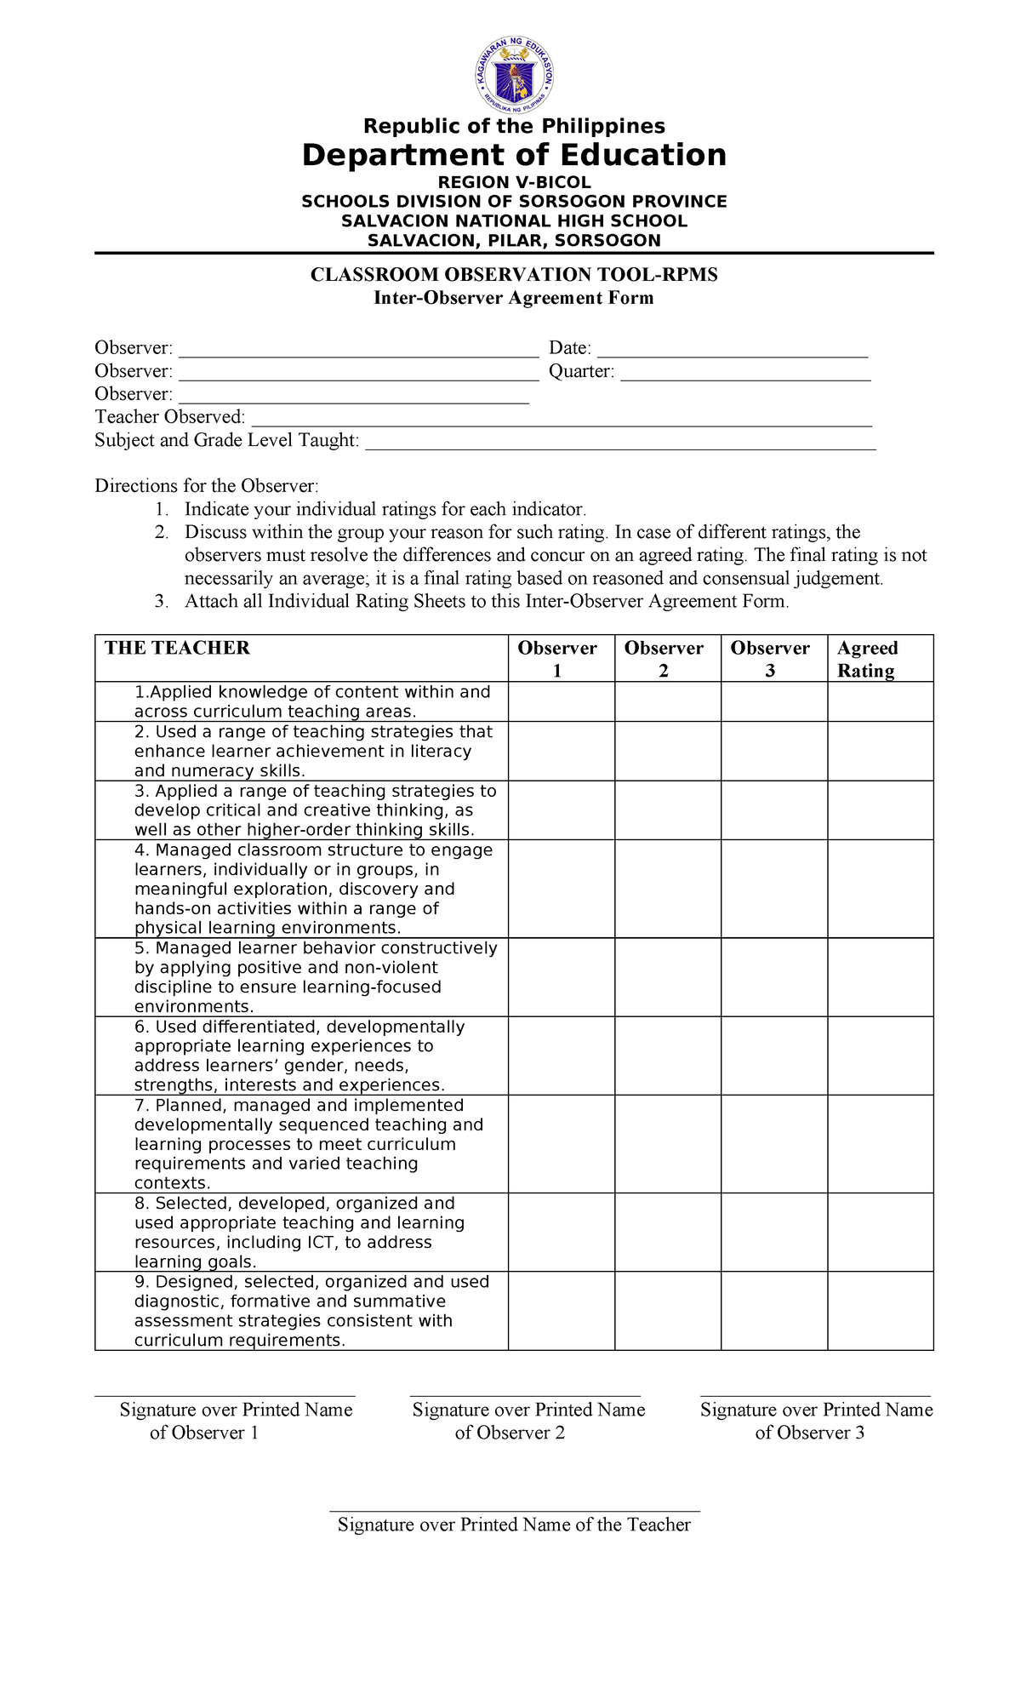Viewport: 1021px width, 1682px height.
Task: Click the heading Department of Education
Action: (x=514, y=156)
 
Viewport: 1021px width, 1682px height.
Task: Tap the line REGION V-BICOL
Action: (x=514, y=182)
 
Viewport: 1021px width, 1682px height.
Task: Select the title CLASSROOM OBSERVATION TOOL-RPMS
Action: (x=514, y=275)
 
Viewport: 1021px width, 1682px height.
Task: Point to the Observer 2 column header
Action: (x=664, y=658)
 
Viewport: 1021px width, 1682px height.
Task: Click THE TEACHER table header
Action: (x=177, y=648)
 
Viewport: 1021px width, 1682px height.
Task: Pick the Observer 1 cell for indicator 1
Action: (x=562, y=701)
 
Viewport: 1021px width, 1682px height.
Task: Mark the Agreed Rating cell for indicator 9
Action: (x=880, y=1311)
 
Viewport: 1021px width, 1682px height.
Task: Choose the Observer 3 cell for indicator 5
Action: (x=773, y=977)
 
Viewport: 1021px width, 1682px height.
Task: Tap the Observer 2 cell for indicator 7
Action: (x=667, y=1144)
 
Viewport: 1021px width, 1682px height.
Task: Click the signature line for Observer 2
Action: (x=524, y=1394)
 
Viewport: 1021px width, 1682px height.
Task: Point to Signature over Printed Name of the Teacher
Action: (x=514, y=1524)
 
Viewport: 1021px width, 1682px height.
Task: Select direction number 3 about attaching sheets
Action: (x=487, y=601)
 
